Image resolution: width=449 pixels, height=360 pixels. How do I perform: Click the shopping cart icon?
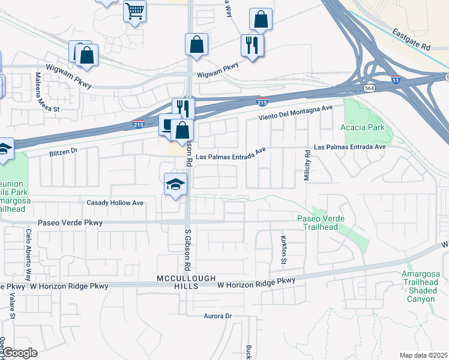[135, 10]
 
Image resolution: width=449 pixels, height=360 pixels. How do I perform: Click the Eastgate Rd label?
[412, 38]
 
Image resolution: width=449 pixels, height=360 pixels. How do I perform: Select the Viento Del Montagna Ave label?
[295, 113]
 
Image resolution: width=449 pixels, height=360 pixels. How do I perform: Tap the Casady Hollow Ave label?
[115, 203]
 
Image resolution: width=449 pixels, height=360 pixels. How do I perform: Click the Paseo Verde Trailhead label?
[321, 223]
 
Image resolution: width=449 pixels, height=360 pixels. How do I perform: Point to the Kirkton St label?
[284, 249]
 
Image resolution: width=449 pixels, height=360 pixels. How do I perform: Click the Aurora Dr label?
[217, 316]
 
